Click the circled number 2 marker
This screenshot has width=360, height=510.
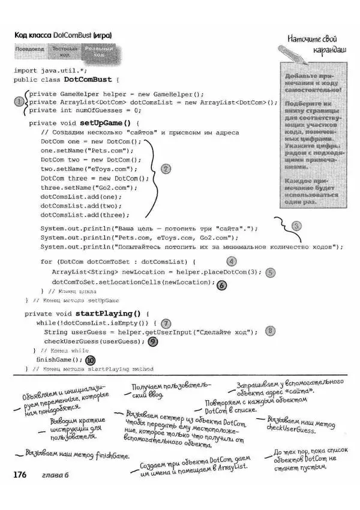167,169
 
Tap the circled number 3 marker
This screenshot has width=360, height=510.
296,226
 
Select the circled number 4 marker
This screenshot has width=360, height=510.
231,262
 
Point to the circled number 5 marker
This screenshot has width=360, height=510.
270,272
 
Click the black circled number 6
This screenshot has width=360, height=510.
221,286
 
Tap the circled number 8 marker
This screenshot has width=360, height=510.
270,331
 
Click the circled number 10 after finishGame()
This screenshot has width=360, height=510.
91,361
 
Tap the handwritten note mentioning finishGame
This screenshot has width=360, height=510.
77,455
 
